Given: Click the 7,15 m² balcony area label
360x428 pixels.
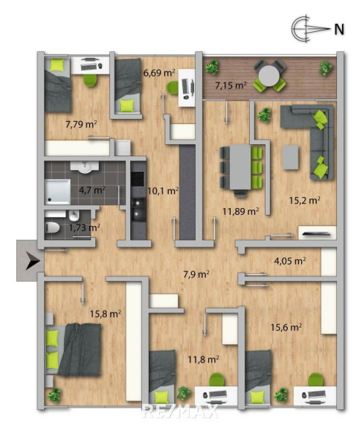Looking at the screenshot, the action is click(x=231, y=85).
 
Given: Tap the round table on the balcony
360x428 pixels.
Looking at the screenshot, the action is click(x=269, y=76).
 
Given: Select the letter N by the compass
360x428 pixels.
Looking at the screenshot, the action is click(x=339, y=29).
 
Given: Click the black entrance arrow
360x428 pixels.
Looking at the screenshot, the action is click(x=33, y=261).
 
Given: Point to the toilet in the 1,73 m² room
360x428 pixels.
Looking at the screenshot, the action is click(x=53, y=227).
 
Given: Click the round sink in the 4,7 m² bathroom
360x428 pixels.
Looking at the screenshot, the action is click(x=85, y=166).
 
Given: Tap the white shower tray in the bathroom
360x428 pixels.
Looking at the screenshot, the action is click(x=57, y=192).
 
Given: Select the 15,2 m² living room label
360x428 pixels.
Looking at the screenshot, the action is click(x=304, y=201).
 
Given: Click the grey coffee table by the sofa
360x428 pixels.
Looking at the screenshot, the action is click(x=290, y=158).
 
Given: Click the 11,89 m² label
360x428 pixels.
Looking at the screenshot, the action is click(x=241, y=211).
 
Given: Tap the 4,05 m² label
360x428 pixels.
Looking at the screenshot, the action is click(x=289, y=261).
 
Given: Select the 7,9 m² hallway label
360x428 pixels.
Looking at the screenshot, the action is click(x=196, y=274).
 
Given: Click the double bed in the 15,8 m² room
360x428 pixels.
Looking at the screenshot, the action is click(x=74, y=350).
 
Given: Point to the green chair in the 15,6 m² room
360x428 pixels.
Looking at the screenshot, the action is click(x=315, y=380).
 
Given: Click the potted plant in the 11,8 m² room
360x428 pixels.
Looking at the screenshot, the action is click(x=184, y=394).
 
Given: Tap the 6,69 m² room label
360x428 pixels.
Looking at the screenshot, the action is click(x=159, y=73).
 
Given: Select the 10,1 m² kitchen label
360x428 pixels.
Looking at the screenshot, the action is click(x=163, y=190).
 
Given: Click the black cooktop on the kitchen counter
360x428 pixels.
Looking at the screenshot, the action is click(x=138, y=179).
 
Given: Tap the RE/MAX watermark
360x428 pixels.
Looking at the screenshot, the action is click(x=181, y=412).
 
